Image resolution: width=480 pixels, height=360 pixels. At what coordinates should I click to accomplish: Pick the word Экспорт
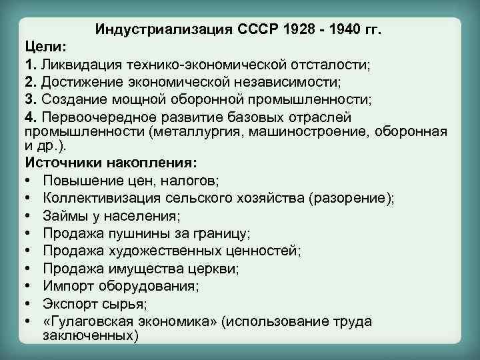(69, 304)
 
